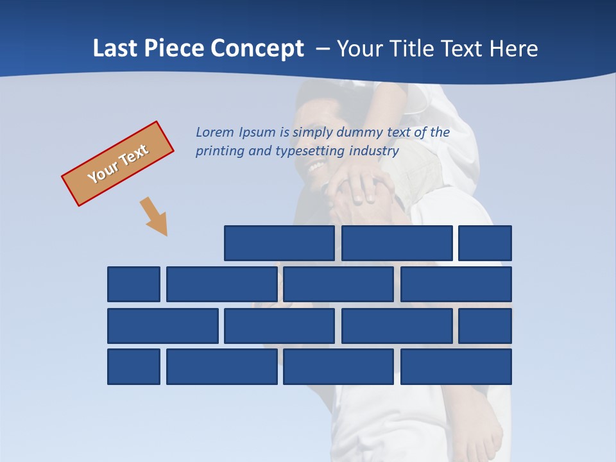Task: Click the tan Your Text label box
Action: point(118,164)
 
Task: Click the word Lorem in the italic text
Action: point(215,132)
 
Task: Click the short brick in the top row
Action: point(485,243)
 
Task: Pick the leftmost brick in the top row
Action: point(279,243)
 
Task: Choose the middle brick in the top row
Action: point(397,243)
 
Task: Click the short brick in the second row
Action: point(133,284)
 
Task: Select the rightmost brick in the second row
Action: point(456,284)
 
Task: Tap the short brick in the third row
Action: point(485,326)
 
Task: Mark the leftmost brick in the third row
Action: point(162,326)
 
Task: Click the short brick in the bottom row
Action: point(133,367)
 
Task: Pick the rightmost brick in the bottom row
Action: point(456,367)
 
